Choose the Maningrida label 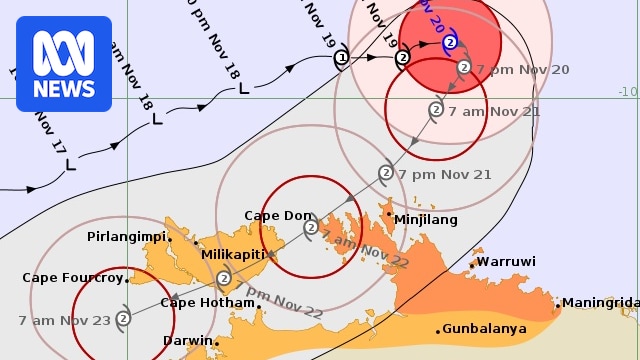[x=599, y=303]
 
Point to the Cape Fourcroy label [x=72, y=278]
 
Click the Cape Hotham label [x=208, y=303]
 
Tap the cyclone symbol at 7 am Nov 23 [x=123, y=319]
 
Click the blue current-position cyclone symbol [x=450, y=43]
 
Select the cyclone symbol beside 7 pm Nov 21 [x=385, y=173]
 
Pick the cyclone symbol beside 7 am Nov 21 [x=436, y=110]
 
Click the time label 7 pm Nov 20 [x=522, y=69]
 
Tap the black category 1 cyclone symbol [x=341, y=58]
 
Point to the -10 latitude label [x=627, y=92]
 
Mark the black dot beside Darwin [x=216, y=343]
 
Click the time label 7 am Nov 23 [x=63, y=320]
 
